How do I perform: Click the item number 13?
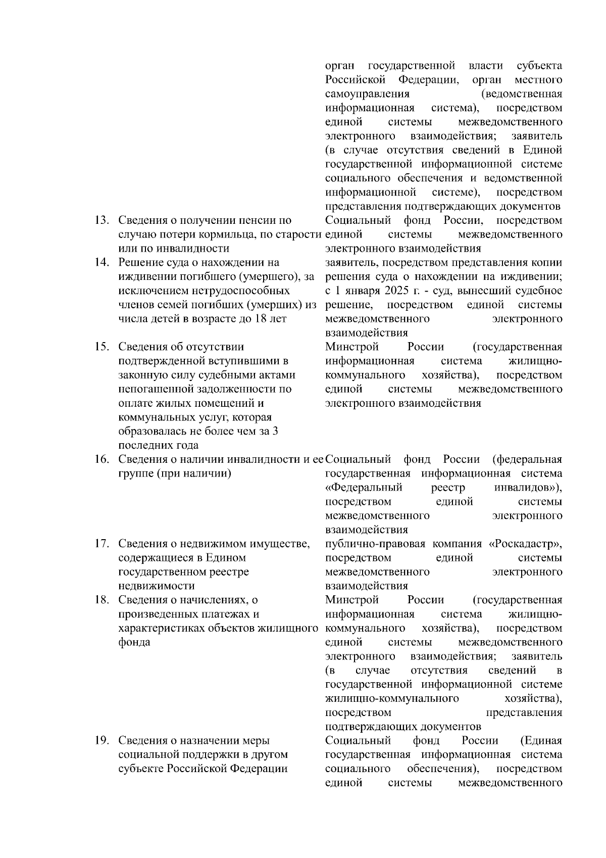coord(103,220)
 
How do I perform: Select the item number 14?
coord(103,262)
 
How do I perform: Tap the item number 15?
coord(103,347)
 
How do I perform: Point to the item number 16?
coord(103,459)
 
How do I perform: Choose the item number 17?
coord(103,544)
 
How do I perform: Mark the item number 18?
coord(103,600)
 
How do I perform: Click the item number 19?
coord(103,740)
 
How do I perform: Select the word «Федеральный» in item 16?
coord(364,488)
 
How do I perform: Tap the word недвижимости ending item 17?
coord(156,586)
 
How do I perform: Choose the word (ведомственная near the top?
coord(522,94)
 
